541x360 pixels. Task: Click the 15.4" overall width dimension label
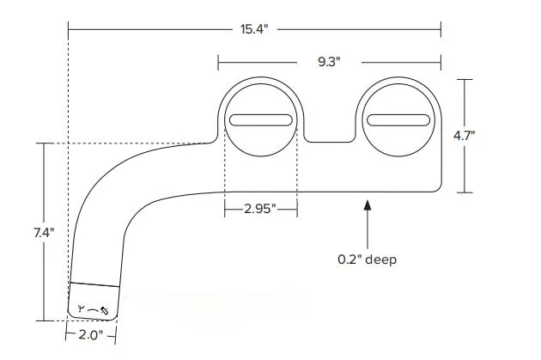pos(254,29)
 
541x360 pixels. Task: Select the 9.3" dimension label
pos(330,62)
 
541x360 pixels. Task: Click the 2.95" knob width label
pos(260,209)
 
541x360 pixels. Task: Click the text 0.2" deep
pos(368,259)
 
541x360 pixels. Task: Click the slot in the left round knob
pos(261,120)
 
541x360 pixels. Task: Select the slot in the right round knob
pos(399,120)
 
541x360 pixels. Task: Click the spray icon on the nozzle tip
pos(92,308)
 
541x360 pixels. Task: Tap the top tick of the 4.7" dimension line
pos(465,79)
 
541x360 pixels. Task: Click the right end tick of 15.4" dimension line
pos(441,29)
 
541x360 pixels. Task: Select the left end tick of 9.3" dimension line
pos(218,62)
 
